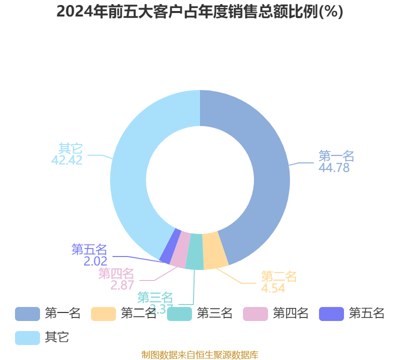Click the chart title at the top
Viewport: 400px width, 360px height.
200,11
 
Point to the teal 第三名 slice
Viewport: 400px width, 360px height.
195,252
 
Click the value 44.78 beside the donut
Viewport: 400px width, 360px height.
334,168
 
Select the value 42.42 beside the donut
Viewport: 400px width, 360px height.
67,160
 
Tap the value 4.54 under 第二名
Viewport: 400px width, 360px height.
273,288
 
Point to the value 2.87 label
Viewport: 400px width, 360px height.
122,285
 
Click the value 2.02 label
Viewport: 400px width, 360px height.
95,261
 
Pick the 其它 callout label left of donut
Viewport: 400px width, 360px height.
70,148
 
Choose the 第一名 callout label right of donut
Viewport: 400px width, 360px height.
336,156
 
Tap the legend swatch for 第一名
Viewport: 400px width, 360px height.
27,314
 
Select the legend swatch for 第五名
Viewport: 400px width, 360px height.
331,314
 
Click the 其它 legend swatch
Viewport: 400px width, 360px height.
27,337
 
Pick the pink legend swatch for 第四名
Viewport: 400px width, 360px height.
255,314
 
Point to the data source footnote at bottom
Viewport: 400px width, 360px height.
200,355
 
